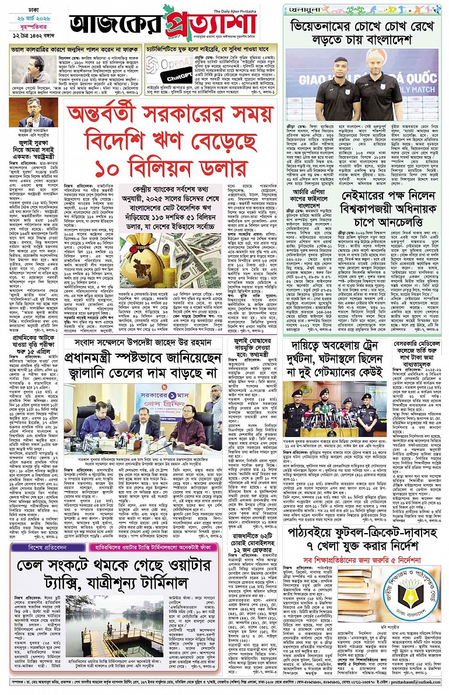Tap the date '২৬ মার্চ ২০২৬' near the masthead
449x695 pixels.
point(27,21)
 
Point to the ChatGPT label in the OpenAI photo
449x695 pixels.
point(181,78)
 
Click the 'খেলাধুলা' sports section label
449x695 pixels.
point(303,9)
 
